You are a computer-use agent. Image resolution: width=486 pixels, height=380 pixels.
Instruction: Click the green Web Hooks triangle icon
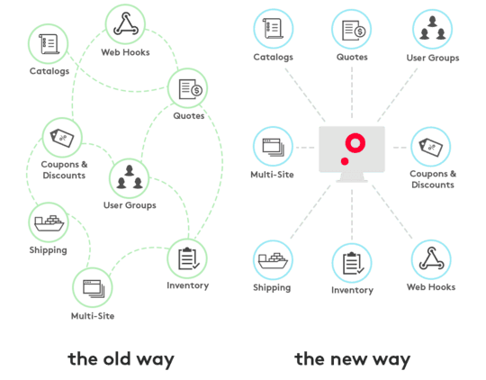125,24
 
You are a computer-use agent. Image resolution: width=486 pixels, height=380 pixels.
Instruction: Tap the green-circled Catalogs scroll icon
49,44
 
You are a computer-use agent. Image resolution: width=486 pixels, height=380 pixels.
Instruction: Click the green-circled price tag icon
62,138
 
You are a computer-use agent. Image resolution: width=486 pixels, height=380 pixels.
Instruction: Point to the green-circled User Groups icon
130,178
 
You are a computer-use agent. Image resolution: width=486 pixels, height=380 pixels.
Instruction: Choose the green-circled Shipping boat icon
49,222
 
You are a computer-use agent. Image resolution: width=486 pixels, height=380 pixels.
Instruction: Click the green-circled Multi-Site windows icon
93,287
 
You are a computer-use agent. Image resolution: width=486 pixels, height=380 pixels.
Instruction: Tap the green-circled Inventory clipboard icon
187,258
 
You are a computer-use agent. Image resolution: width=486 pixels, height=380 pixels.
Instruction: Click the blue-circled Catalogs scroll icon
274,29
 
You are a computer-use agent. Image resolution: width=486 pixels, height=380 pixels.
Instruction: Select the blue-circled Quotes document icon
352,30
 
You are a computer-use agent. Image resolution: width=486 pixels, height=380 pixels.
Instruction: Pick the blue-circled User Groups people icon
432,29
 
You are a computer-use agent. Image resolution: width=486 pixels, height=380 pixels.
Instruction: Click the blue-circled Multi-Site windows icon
273,147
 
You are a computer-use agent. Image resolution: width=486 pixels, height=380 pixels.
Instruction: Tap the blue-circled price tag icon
431,147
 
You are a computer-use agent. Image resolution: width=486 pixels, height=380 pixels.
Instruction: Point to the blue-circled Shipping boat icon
273,260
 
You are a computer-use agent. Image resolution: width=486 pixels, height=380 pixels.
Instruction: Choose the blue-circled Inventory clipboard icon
352,263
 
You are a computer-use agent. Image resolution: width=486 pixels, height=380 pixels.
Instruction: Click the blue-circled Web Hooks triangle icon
431,259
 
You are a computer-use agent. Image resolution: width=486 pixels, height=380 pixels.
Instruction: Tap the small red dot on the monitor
345,161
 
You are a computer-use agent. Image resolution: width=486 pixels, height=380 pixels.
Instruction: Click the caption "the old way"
121,359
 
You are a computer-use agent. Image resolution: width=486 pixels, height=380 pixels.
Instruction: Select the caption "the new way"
353,359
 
